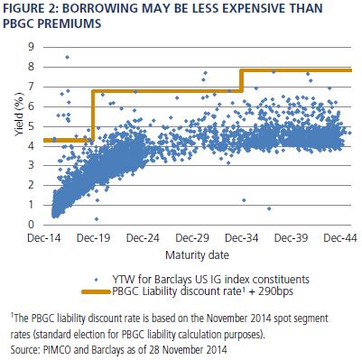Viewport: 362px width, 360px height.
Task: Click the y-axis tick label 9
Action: click(31, 47)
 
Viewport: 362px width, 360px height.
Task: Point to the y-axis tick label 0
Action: click(31, 225)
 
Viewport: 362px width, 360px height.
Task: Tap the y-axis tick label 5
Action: click(31, 126)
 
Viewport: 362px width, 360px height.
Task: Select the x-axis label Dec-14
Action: click(44, 238)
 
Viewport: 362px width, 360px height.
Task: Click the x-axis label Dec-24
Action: click(143, 238)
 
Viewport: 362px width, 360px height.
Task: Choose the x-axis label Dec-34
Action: click(242, 238)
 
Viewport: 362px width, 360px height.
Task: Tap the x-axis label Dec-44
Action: click(340, 238)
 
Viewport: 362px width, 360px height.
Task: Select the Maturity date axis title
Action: click(197, 255)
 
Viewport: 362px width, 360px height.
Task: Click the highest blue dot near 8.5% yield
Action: click(67, 57)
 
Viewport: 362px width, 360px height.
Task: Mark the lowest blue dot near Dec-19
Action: click(97, 219)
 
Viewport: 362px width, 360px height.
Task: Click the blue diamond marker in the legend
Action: click(96, 280)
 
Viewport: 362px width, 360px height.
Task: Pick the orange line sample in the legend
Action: click(96, 291)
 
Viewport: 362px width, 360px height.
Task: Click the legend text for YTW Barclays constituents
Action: click(210, 280)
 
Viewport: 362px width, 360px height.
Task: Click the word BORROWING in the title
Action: click(100, 8)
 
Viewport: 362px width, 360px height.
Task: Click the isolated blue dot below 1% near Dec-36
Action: click(269, 208)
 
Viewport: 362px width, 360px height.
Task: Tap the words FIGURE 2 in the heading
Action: click(30, 8)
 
